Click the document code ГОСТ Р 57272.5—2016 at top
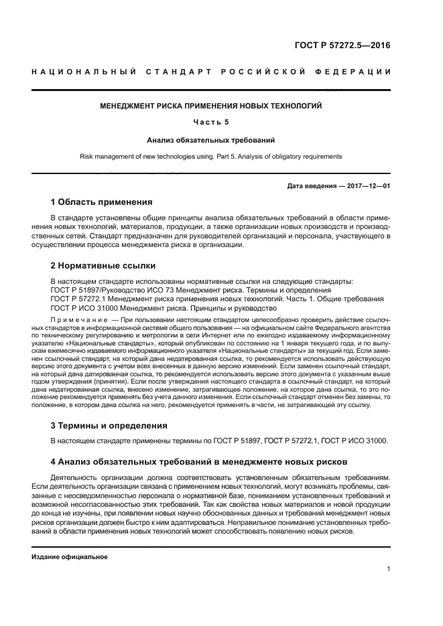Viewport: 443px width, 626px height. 342,46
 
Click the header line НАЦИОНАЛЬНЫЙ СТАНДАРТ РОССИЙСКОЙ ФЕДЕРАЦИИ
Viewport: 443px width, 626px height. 211,72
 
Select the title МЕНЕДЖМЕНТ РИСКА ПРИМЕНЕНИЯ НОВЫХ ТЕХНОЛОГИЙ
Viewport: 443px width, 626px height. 211,106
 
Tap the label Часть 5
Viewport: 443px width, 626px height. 211,123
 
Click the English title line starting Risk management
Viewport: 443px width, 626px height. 211,156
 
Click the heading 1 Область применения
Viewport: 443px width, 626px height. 101,202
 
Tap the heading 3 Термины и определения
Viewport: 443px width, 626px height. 110,425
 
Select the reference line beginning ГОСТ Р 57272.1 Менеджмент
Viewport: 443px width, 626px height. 217,299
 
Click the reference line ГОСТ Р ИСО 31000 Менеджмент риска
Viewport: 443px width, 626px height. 164,308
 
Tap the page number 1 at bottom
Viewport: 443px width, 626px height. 389,569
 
